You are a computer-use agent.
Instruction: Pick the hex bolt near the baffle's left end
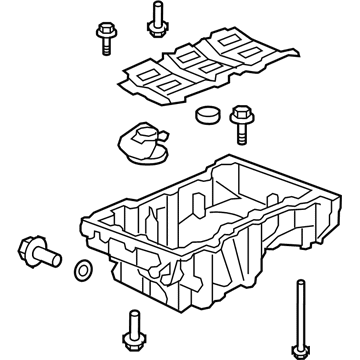tap(102, 39)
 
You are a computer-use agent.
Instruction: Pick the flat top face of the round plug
tap(207, 110)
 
